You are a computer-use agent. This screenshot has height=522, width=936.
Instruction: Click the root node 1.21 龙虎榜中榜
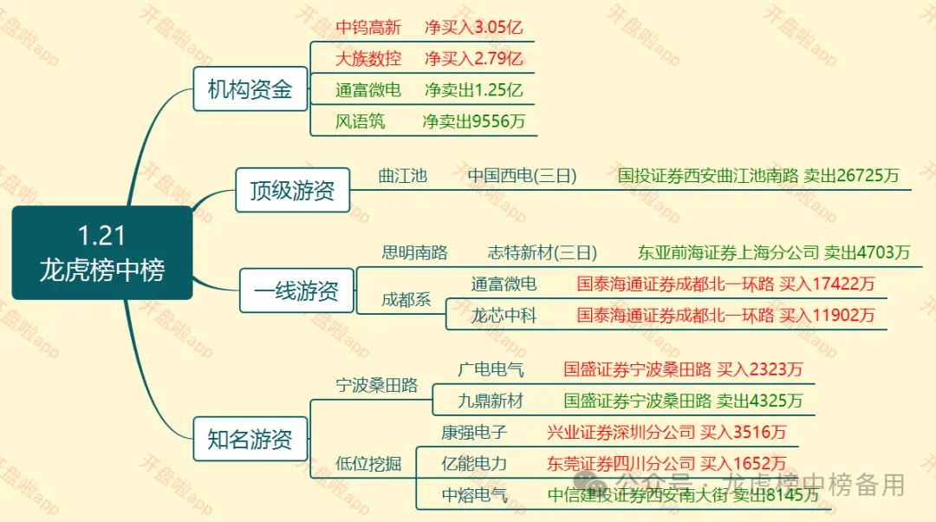(x=102, y=252)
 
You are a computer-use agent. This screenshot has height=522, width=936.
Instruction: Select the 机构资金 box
(x=250, y=88)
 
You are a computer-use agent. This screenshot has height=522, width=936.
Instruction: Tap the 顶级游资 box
(x=293, y=190)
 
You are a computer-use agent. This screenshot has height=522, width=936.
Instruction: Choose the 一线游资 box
(x=296, y=290)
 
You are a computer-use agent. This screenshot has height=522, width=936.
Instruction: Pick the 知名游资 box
(x=250, y=439)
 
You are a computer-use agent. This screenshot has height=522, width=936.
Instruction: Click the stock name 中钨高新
(x=368, y=28)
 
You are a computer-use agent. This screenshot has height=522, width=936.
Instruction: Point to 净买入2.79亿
(x=473, y=59)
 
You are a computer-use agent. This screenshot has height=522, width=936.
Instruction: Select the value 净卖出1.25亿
(x=473, y=89)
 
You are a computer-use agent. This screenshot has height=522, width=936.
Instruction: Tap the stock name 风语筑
(x=360, y=121)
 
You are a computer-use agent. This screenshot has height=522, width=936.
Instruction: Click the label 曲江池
(x=403, y=175)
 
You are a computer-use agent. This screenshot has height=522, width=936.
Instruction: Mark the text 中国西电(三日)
(x=522, y=175)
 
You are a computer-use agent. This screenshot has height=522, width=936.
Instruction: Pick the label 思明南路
(x=414, y=252)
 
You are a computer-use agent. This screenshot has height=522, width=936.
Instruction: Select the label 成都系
(x=406, y=299)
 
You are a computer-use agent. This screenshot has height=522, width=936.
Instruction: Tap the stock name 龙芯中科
(x=504, y=315)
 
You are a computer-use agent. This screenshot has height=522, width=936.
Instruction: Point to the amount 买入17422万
(x=827, y=284)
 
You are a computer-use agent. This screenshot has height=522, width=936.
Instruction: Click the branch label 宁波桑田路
(x=377, y=385)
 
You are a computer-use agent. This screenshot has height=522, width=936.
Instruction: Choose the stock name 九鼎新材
(x=491, y=401)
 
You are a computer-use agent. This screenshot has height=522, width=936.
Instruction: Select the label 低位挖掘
(x=368, y=463)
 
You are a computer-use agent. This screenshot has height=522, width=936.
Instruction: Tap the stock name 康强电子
(x=473, y=432)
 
